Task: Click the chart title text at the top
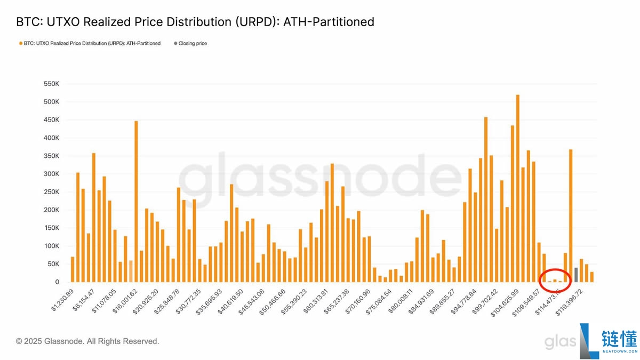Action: (x=195, y=22)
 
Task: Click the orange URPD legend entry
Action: (x=90, y=43)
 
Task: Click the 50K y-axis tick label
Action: (x=53, y=264)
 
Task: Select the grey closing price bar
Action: (x=576, y=275)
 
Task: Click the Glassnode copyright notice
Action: (x=87, y=341)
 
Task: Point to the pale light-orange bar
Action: (x=131, y=271)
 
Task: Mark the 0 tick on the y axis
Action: (x=57, y=282)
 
